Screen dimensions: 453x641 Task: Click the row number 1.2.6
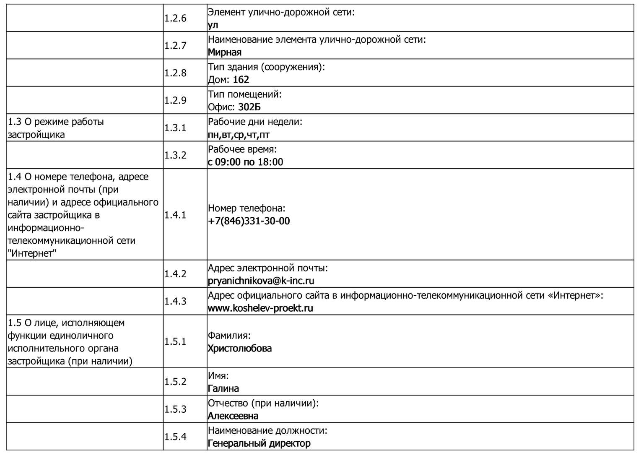pos(175,18)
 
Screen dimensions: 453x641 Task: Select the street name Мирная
pos(225,52)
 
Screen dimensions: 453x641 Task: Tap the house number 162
pos(241,80)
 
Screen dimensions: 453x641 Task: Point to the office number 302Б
pos(249,107)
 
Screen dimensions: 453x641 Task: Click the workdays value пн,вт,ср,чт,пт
pos(239,135)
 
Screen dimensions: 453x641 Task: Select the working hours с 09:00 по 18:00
pos(245,162)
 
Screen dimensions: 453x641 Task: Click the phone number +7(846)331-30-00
pos(249,221)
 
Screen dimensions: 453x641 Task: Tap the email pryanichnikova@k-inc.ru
pos(261,281)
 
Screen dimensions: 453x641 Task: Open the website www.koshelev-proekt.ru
pos(260,308)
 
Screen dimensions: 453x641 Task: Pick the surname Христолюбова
pos(240,349)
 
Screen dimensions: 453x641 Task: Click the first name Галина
pos(223,389)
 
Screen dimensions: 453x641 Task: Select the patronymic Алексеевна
pos(233,416)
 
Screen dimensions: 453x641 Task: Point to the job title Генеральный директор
pos(259,443)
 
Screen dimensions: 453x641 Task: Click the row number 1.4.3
pos(175,301)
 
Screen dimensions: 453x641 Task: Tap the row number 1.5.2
pos(175,382)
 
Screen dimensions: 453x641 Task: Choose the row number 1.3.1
pos(175,128)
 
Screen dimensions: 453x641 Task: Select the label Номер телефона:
pos(247,208)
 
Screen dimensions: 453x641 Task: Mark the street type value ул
pos(213,25)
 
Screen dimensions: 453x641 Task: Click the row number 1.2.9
pos(175,101)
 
